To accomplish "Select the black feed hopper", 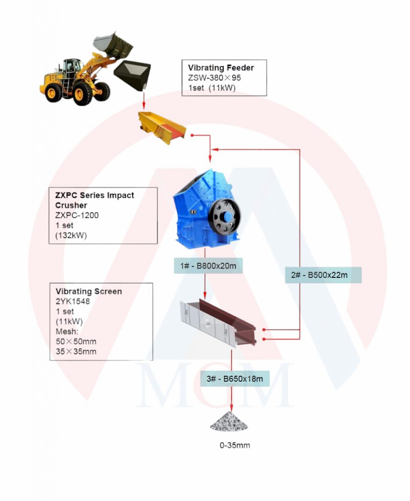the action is pyautogui.click(x=132, y=75).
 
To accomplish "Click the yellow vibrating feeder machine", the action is pyautogui.click(x=162, y=128).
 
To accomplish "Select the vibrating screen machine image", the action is pyautogui.click(x=218, y=323).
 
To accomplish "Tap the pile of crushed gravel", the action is pyautogui.click(x=229, y=421).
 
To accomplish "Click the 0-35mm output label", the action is pyautogui.click(x=235, y=445).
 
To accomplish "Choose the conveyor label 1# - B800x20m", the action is pyautogui.click(x=208, y=266).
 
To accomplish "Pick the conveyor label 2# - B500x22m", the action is pyautogui.click(x=323, y=275).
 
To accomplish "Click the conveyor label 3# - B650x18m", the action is pyautogui.click(x=235, y=379).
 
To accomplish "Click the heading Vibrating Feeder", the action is pyautogui.click(x=221, y=68).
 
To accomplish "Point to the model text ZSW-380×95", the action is pyautogui.click(x=214, y=78).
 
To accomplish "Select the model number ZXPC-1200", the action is pyautogui.click(x=77, y=215).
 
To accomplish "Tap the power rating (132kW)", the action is pyautogui.click(x=71, y=235).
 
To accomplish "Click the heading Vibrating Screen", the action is pyautogui.click(x=89, y=292).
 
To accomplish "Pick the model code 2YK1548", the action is pyautogui.click(x=73, y=301).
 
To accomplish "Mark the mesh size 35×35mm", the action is pyautogui.click(x=76, y=351).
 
